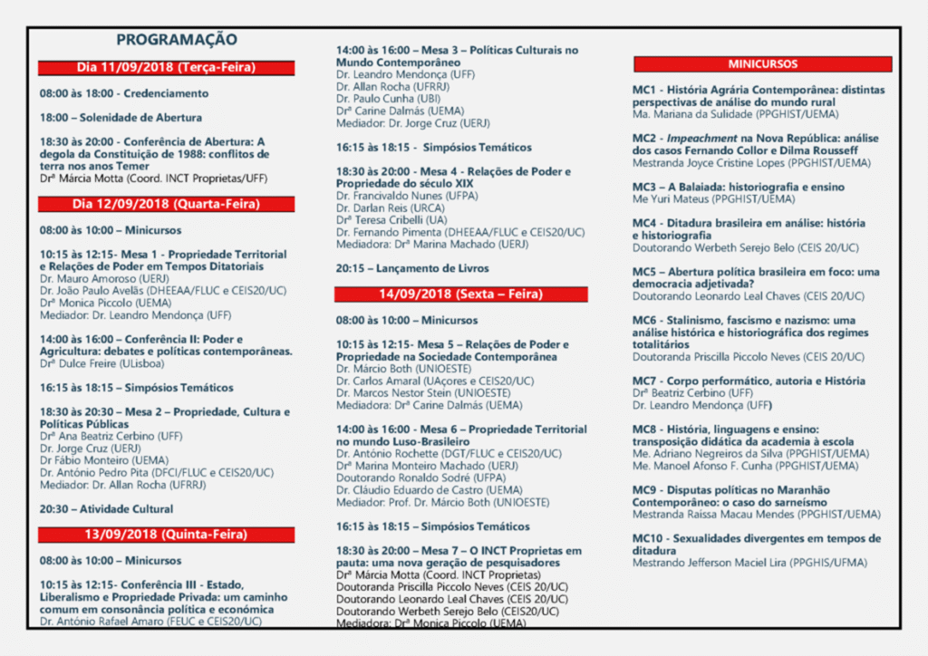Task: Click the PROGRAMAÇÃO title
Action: tap(177, 40)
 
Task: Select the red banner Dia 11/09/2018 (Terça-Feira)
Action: tap(166, 68)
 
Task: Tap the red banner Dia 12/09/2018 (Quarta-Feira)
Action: tap(166, 205)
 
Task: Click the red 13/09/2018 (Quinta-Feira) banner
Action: tap(166, 535)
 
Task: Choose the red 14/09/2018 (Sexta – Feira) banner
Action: tap(460, 294)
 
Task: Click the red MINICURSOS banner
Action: tap(763, 64)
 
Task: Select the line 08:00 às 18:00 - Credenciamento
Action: tap(124, 93)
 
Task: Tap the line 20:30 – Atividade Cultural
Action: tap(106, 509)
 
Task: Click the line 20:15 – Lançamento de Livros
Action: tap(412, 268)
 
